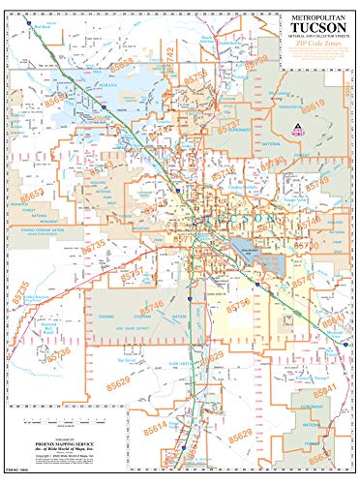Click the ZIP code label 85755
pyautogui.click(x=196, y=78)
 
